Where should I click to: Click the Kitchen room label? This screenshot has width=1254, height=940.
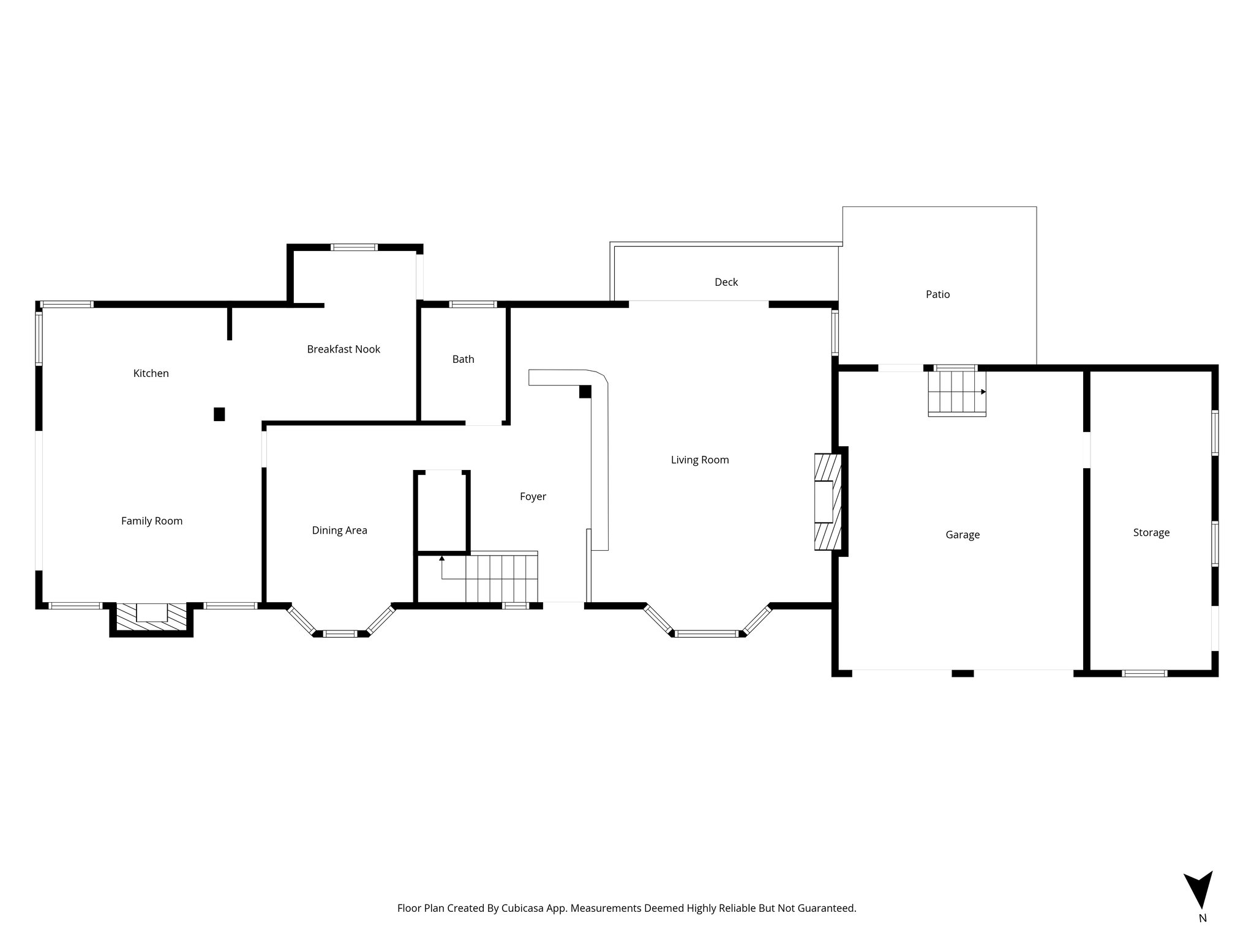click(151, 373)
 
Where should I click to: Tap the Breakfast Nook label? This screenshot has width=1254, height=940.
click(344, 349)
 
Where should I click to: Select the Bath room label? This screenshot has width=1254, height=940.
click(463, 359)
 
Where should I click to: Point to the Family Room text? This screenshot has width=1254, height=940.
click(152, 521)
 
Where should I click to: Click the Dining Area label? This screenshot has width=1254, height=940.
click(339, 531)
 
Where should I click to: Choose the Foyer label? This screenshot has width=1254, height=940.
click(533, 496)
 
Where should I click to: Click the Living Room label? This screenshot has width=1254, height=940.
click(700, 460)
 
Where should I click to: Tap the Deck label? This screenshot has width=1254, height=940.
click(726, 282)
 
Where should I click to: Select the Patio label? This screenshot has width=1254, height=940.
click(937, 294)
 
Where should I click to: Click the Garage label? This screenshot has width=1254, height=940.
click(963, 535)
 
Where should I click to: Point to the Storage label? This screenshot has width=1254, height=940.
click(1151, 532)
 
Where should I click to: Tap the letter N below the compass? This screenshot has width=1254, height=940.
click(1203, 935)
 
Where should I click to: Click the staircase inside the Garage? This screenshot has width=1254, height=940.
click(956, 393)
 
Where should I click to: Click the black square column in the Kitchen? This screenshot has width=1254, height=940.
click(219, 414)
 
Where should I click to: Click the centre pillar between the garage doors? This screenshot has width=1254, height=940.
click(963, 673)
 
